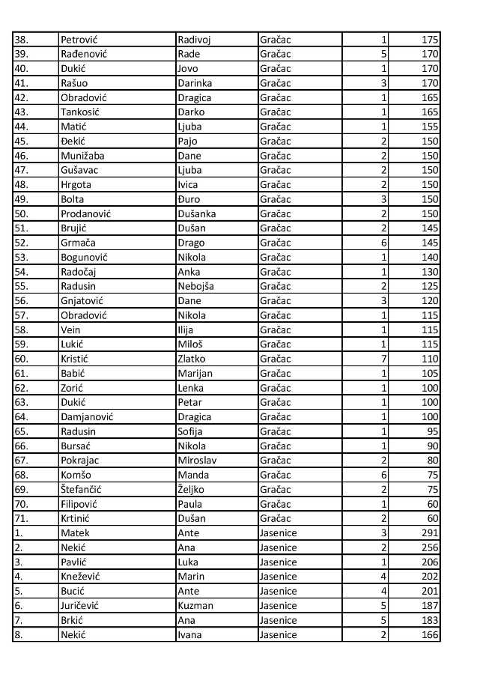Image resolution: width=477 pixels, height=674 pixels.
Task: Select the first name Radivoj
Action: [x=194, y=40]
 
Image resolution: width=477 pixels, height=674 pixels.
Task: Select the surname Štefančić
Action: [x=81, y=490]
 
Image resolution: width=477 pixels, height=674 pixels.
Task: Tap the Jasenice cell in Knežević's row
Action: [x=278, y=577]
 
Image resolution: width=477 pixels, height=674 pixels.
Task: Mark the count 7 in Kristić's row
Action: [x=384, y=359]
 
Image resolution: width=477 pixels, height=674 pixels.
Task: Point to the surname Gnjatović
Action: [x=82, y=300]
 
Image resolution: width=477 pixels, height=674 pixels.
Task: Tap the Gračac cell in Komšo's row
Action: [x=275, y=475]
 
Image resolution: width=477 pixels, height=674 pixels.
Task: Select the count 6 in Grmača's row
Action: [x=384, y=243]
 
